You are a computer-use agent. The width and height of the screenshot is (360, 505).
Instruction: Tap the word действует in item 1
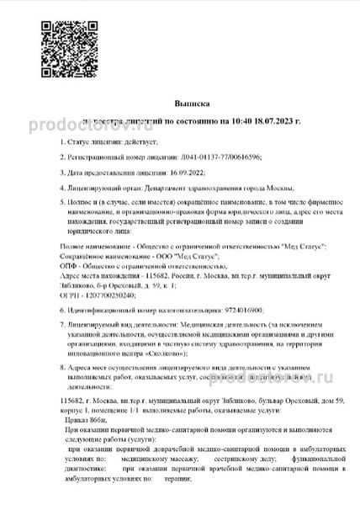127,143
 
